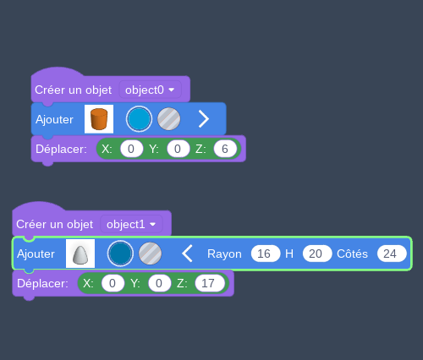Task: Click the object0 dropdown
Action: click(150, 90)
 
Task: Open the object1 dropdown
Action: click(131, 225)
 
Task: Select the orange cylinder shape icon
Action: click(99, 119)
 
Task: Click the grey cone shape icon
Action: click(80, 254)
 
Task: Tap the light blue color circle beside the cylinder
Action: click(139, 119)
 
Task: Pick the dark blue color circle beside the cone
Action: click(120, 254)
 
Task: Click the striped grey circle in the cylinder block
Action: click(169, 119)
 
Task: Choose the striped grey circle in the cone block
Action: click(151, 254)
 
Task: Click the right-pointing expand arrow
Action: click(204, 119)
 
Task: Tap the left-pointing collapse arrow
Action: click(187, 254)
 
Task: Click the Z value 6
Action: click(225, 149)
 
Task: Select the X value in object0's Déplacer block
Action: click(131, 149)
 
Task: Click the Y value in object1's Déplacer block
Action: click(159, 283)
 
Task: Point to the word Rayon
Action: click(224, 254)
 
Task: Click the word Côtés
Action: click(352, 254)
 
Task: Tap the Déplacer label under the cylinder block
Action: click(61, 150)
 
